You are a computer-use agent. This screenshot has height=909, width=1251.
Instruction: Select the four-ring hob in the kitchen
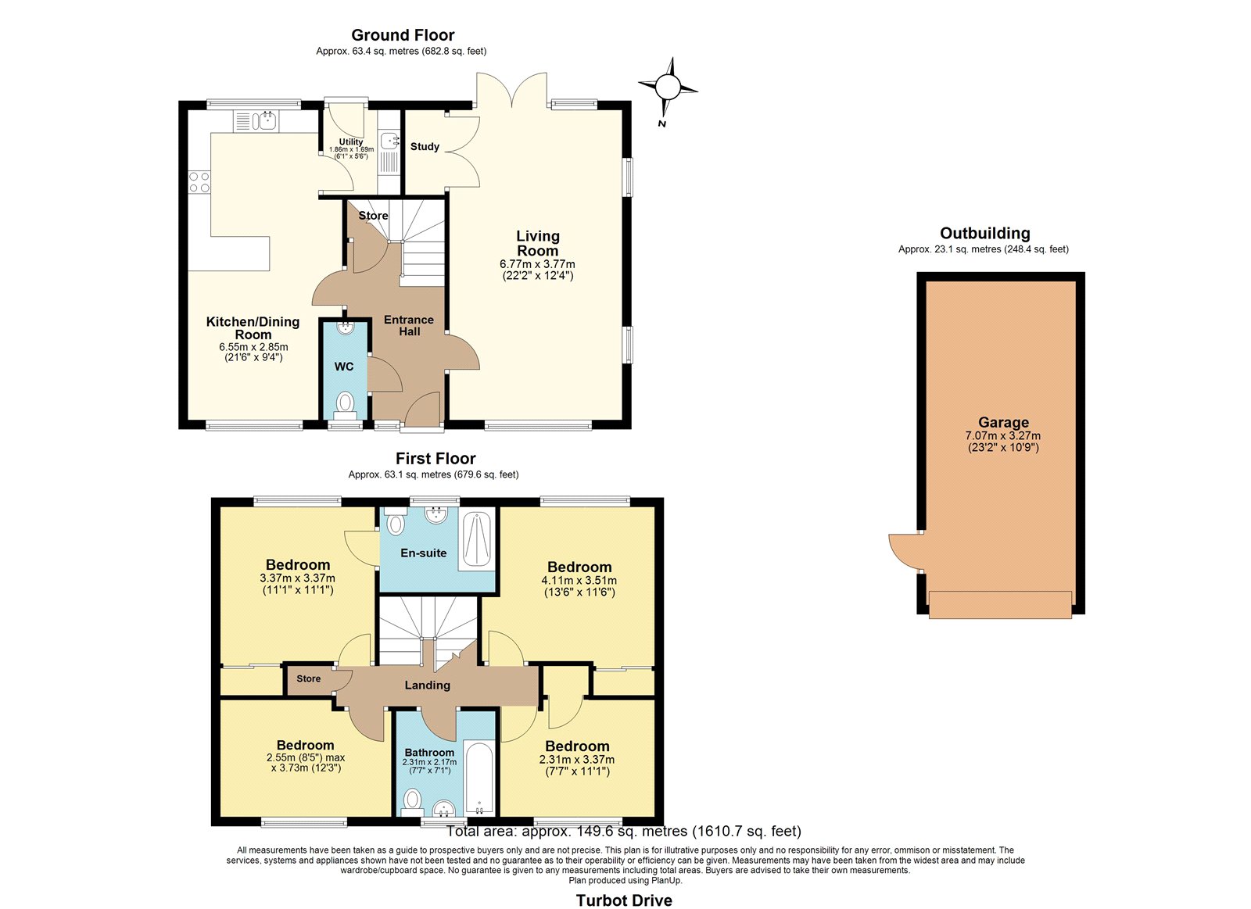[199, 182]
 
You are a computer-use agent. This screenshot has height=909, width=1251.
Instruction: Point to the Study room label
[425, 146]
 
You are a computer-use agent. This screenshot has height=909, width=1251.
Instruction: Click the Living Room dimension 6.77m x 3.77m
[537, 264]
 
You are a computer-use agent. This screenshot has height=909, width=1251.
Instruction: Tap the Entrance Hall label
[409, 325]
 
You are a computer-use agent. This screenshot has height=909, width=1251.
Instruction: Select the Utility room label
[351, 141]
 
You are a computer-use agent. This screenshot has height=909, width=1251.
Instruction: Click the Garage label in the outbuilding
[1003, 423]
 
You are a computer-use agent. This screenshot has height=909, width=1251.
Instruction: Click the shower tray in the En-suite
[476, 541]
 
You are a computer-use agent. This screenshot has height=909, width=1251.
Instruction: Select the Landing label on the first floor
[427, 685]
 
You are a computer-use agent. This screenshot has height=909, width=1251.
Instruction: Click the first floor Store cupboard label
[308, 678]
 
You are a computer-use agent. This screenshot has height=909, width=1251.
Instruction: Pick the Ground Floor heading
[403, 35]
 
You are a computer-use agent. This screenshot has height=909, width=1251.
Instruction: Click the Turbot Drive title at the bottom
[624, 900]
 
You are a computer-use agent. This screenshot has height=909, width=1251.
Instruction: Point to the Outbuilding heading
[984, 233]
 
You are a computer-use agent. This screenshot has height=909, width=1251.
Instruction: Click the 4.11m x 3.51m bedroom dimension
[579, 580]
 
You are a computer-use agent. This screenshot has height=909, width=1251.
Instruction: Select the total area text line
[624, 832]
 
